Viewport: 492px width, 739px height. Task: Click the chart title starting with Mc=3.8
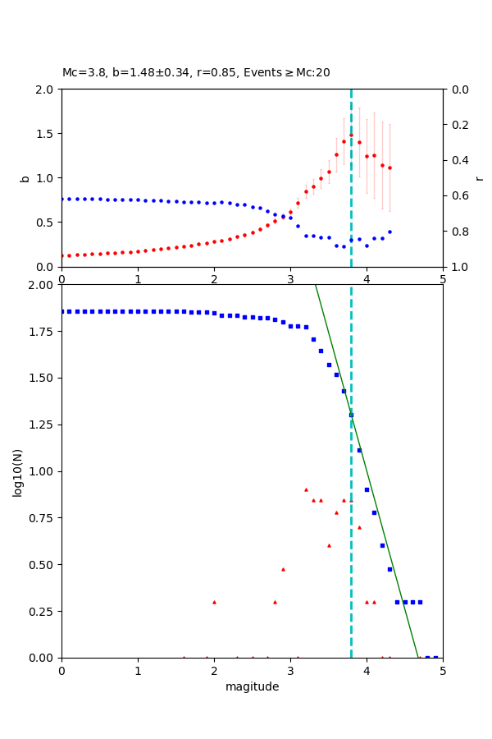[x=196, y=72]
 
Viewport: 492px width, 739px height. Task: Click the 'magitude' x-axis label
[x=252, y=686]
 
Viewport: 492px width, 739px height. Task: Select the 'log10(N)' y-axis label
[x=17, y=471]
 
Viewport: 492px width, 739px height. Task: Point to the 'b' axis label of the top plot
[x=25, y=177]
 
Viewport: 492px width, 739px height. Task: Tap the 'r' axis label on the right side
[x=479, y=177]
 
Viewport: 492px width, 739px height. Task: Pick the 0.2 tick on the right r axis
[x=455, y=125]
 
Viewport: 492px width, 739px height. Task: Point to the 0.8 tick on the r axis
[x=455, y=232]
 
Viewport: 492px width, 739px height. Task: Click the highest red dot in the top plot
[x=351, y=135]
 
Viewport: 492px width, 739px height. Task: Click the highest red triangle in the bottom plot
[x=306, y=489]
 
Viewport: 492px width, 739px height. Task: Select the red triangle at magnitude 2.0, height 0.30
[x=214, y=602]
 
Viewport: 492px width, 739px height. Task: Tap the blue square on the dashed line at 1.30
[x=351, y=415]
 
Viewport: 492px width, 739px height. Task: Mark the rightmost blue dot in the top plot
[x=389, y=232]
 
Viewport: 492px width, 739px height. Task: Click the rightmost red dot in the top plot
[x=389, y=168]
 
